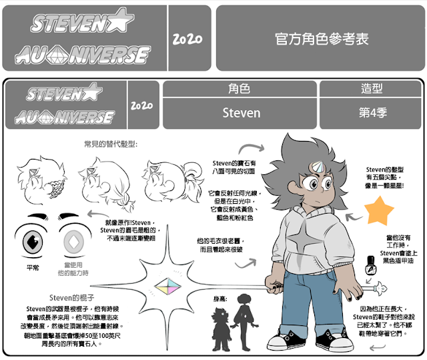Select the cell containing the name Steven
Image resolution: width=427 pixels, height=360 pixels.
click(241, 112)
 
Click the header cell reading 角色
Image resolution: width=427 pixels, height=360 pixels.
click(240, 89)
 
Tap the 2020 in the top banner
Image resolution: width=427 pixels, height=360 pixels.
click(187, 38)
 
